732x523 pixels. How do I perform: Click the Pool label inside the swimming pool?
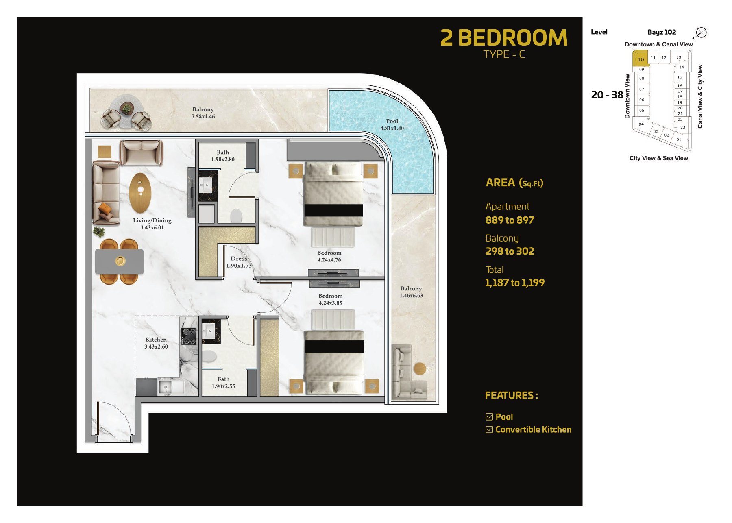pyautogui.click(x=392, y=124)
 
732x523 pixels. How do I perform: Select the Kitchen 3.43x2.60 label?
pyautogui.click(x=156, y=343)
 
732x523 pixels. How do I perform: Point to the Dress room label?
pyautogui.click(x=239, y=259)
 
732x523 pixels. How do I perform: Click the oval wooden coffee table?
pyautogui.click(x=140, y=193)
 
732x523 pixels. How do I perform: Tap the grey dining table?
pyautogui.click(x=120, y=261)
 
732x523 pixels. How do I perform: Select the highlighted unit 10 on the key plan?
pyautogui.click(x=640, y=59)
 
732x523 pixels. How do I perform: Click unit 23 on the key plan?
pyautogui.click(x=683, y=127)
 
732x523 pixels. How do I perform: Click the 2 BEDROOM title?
pyautogui.click(x=504, y=38)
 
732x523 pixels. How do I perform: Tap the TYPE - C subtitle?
pyautogui.click(x=504, y=54)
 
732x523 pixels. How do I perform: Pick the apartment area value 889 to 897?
pyautogui.click(x=510, y=220)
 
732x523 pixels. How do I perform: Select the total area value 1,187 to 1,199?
pyautogui.click(x=514, y=283)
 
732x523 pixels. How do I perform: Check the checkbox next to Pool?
pyautogui.click(x=489, y=417)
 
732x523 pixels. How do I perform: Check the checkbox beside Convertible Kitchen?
pyautogui.click(x=489, y=430)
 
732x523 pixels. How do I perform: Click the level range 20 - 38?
pyautogui.click(x=607, y=95)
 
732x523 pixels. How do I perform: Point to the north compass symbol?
pyautogui.click(x=701, y=33)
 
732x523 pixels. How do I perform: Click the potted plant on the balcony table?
pyautogui.click(x=127, y=108)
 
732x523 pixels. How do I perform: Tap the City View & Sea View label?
pyautogui.click(x=659, y=158)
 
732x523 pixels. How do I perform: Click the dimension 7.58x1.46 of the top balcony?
pyautogui.click(x=203, y=116)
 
